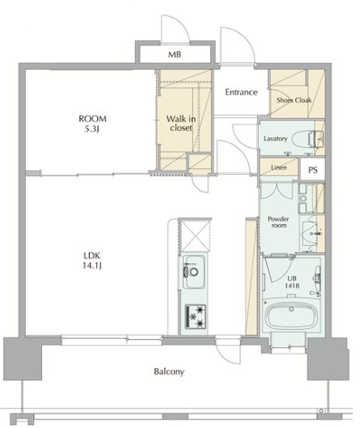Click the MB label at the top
click(175, 54)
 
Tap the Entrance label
click(241, 92)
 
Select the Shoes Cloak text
click(294, 100)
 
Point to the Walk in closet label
click(181, 123)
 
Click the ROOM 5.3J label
click(92, 123)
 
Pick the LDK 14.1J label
click(92, 261)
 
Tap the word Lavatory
click(275, 138)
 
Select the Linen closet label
click(278, 167)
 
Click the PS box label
click(313, 170)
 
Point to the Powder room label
click(278, 222)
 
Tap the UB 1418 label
click(292, 282)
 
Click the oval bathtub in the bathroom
click(292, 315)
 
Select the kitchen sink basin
click(194, 272)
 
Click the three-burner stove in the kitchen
click(196, 316)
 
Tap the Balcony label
click(169, 371)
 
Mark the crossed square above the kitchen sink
click(194, 235)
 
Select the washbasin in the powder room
click(309, 233)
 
